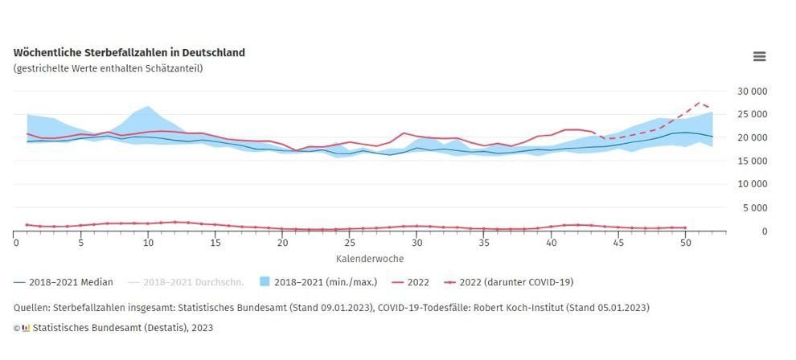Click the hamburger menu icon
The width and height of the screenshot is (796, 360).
pyautogui.click(x=759, y=56)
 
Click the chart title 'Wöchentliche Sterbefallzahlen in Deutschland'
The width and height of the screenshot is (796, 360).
pyautogui.click(x=129, y=52)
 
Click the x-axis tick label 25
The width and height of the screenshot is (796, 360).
pyautogui.click(x=349, y=242)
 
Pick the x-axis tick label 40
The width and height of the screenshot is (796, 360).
pyautogui.click(x=551, y=242)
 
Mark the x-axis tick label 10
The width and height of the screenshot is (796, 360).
pyautogui.click(x=148, y=242)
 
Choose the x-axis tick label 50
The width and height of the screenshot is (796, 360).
pyautogui.click(x=684, y=242)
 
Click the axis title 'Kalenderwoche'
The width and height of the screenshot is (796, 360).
pyautogui.click(x=370, y=259)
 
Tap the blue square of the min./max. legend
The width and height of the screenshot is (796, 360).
pyautogui.click(x=265, y=282)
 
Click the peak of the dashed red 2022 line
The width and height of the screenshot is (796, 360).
pyautogui.click(x=699, y=103)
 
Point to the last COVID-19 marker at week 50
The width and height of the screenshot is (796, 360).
pyautogui.click(x=684, y=227)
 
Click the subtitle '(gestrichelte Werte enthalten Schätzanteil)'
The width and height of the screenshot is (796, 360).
pyautogui.click(x=108, y=68)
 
